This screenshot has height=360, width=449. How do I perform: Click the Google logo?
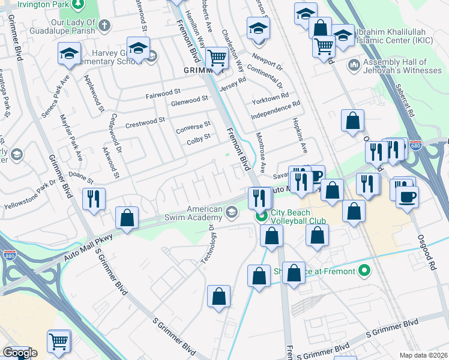coord(20,353)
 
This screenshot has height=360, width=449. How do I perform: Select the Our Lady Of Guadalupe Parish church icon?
coord(104,25)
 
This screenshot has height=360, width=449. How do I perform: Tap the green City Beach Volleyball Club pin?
coord(261,217)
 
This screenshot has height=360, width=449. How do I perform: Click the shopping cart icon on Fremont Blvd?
coord(216,58)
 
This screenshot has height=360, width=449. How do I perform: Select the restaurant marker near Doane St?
coord(94,199)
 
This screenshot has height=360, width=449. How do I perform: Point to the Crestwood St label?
coord(145,122)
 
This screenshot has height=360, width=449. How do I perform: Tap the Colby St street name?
coord(198,137)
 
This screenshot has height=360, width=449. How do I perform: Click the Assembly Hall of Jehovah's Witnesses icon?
coord(352,65)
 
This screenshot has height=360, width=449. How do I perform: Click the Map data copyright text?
coord(424,355)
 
